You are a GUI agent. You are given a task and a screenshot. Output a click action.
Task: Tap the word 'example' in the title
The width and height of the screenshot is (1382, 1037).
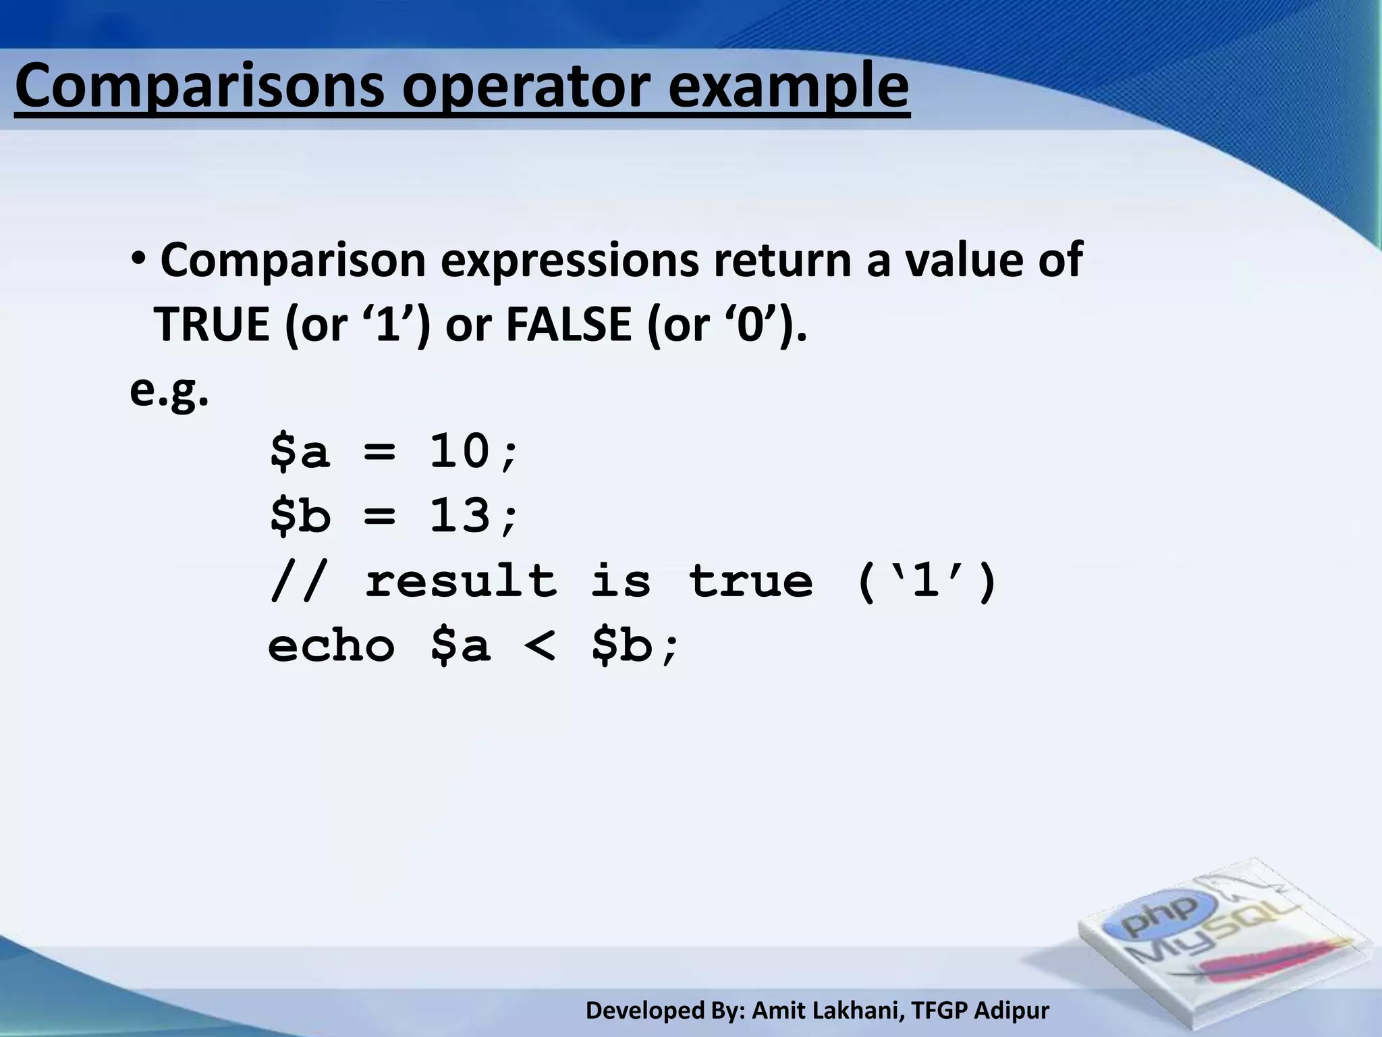pos(788,88)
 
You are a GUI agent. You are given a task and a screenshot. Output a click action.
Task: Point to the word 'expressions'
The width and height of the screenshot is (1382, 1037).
pos(570,260)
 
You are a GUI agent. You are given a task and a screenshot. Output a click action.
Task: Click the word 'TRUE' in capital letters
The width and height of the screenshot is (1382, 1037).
pos(211,325)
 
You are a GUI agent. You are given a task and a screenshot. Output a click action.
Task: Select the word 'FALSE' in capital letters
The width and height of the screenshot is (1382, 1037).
pos(568,325)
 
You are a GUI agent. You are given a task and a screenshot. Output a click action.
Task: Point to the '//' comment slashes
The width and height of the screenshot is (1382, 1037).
pos(294,581)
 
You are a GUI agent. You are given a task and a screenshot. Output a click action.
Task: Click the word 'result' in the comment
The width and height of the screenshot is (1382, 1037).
pos(461,581)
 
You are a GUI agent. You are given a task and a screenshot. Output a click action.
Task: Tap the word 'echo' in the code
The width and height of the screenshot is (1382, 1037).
pos(331,645)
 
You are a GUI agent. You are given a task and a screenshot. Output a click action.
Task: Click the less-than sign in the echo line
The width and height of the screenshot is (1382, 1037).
pos(540,645)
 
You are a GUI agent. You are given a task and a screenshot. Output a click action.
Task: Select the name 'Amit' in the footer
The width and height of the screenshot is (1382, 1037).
pos(775,1011)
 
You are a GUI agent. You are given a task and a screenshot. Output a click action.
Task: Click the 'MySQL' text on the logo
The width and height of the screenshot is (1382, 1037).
pos(1208,938)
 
